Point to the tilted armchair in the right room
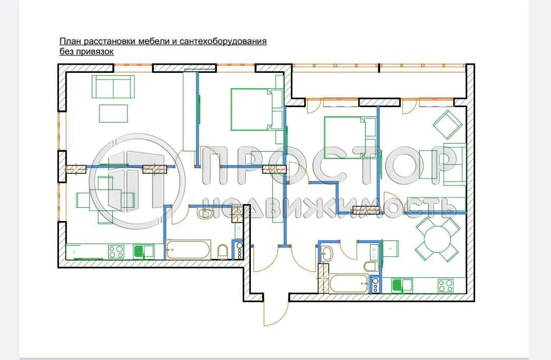tap(447, 125)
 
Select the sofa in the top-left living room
tap(113, 87)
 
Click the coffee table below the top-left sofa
tap(113, 113)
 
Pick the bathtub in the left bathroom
tap(188, 250)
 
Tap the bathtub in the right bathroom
tap(348, 284)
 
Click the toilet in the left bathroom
tap(223, 251)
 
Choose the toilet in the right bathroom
tap(370, 266)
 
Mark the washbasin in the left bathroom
tap(204, 212)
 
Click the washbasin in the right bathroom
tap(326, 253)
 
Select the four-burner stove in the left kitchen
tap(116, 251)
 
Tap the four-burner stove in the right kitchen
tap(444, 285)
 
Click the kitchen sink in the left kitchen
tap(144, 251)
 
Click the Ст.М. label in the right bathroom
tap(375, 252)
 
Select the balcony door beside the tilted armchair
tap(409, 106)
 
